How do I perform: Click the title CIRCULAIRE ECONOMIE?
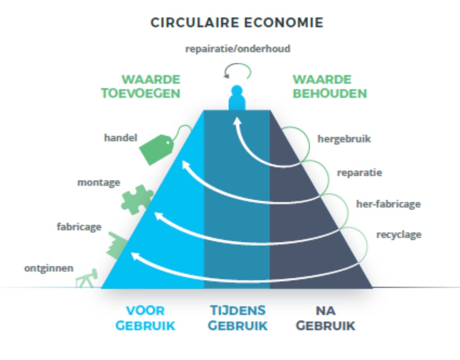pos(237,22)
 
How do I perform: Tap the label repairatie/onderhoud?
pos(237,49)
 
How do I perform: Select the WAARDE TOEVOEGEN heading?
pos(150,86)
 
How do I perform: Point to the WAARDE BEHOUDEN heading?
pos(330,86)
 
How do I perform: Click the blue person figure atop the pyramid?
pos(237,98)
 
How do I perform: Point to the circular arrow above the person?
pos(237,71)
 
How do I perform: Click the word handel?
pos(120,138)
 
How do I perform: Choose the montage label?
pos(99,182)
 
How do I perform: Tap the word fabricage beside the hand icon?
pos(78,226)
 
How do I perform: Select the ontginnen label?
pos(49,268)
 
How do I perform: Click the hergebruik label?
pos(344,138)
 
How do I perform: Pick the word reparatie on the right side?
pos(359,172)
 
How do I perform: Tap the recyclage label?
pos(398,234)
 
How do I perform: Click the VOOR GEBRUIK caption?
pos(145,318)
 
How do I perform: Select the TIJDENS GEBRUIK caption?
pos(237,318)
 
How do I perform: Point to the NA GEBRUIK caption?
pos(326,318)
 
